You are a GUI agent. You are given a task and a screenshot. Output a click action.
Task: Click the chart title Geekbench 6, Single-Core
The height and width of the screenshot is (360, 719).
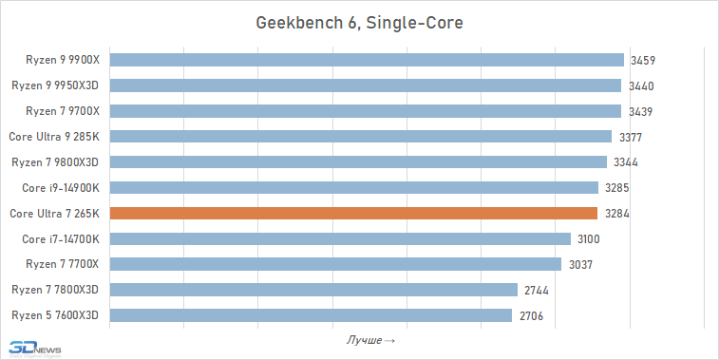359,22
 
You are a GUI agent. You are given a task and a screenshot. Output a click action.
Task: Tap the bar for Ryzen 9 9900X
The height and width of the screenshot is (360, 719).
367,60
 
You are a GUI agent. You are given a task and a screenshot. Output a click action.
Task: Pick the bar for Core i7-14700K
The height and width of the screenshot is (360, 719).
341,238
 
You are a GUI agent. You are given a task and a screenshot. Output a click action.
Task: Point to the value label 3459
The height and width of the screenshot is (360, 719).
643,60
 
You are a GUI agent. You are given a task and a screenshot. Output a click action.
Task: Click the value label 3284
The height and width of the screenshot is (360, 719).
617,213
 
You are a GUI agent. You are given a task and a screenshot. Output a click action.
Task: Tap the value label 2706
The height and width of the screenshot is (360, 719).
532,315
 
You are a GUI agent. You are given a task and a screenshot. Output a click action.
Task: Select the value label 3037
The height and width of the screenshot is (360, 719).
580,264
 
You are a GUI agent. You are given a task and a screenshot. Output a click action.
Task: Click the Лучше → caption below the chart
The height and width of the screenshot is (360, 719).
371,339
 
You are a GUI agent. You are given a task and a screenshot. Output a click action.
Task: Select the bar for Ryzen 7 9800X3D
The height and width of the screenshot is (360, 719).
359,161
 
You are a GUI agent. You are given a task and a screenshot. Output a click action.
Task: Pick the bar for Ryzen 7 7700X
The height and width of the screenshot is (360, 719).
336,264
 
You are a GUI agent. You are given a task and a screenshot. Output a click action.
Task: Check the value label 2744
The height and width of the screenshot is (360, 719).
537,290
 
